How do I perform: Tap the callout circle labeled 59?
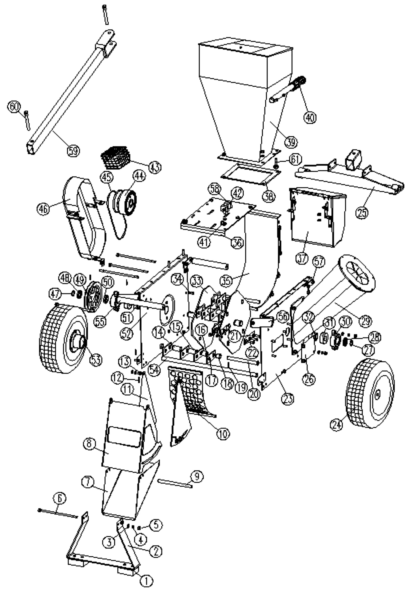[x=73, y=151]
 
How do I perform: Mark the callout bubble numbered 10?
[x=223, y=433]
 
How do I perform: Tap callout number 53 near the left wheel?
[x=96, y=360]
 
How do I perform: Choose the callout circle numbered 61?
[x=295, y=160]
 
